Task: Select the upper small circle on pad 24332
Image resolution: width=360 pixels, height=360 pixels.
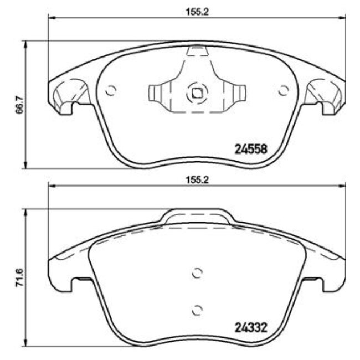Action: [x=197, y=272]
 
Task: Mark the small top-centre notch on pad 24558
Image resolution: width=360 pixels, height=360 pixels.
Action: [x=196, y=52]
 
